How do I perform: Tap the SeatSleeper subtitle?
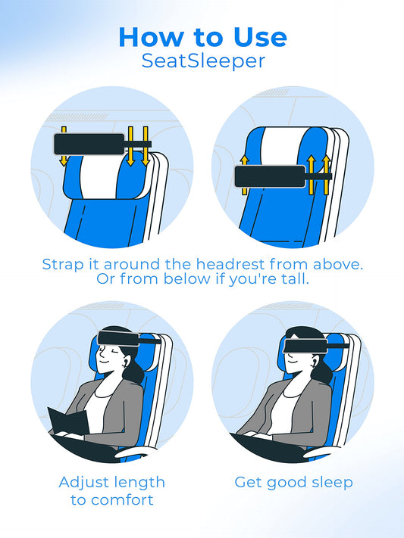point(202,61)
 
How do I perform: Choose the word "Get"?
point(248,482)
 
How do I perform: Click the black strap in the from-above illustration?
point(87,144)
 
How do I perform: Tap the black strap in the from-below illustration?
point(269,177)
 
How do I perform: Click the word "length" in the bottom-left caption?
point(139,482)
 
